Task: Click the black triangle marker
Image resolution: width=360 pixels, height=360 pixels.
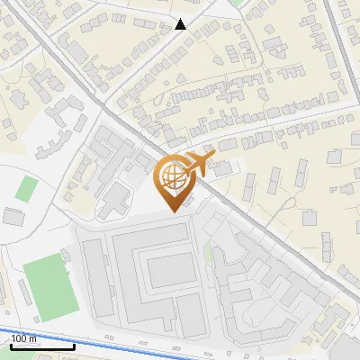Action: [182, 24]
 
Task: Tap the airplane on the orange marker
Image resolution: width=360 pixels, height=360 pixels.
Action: [196, 165]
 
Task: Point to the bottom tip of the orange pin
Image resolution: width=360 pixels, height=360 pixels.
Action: [172, 211]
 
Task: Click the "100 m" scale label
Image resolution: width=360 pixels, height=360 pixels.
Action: [24, 338]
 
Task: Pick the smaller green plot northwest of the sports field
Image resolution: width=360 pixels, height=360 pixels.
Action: [27, 189]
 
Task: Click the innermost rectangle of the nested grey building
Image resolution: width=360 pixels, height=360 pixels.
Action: [168, 267]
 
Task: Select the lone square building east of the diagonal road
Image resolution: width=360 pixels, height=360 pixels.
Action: [310, 218]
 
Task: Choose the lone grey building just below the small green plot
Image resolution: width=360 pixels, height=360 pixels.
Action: [13, 217]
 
